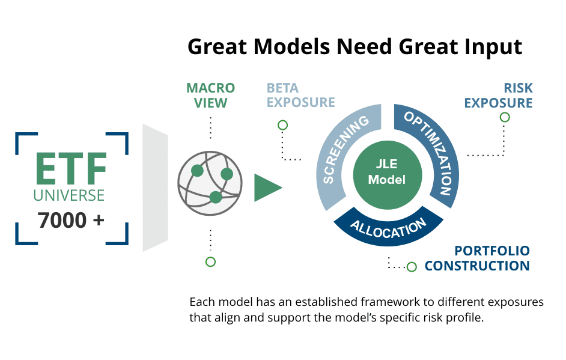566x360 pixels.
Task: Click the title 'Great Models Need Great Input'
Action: click(x=355, y=47)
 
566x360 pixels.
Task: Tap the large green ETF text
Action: click(x=71, y=169)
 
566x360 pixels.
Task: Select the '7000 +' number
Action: click(x=71, y=221)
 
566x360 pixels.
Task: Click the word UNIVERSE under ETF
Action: click(x=69, y=195)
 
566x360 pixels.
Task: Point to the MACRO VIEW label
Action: click(x=210, y=96)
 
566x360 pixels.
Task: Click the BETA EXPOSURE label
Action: click(x=300, y=96)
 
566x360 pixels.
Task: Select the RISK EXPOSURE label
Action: click(x=498, y=96)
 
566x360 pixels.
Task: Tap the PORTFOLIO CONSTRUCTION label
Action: click(x=477, y=258)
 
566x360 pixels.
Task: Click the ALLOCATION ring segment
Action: click(x=388, y=228)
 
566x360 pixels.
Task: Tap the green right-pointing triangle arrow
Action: click(x=266, y=188)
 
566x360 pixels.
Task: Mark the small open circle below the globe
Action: click(x=210, y=261)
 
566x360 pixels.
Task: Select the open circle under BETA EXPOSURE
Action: click(x=282, y=125)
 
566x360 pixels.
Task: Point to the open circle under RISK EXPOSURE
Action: click(x=505, y=117)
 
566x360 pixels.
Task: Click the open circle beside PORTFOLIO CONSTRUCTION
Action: click(x=412, y=267)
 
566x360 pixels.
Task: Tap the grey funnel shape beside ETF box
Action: click(x=154, y=188)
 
